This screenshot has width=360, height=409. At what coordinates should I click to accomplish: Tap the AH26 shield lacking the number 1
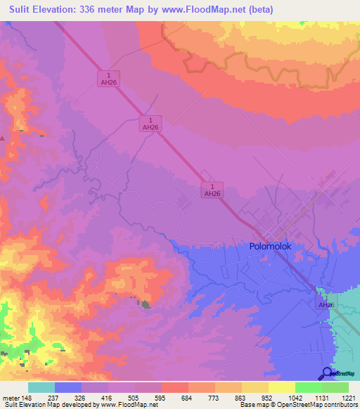(325, 306)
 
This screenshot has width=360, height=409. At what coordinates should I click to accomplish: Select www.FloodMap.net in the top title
(208, 10)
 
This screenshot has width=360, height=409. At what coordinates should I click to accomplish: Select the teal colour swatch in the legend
(41, 387)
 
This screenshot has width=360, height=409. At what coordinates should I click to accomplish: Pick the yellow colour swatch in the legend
(282, 387)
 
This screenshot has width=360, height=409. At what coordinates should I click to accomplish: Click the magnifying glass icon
(328, 373)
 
